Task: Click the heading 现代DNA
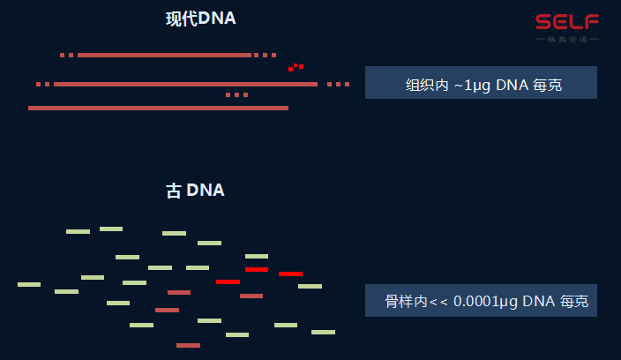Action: [x=201, y=19]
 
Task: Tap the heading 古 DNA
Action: [x=195, y=191]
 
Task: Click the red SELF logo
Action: [x=567, y=21]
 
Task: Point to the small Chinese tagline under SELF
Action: [x=567, y=39]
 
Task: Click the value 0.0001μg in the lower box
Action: [x=485, y=302]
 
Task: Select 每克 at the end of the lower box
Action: [x=573, y=302]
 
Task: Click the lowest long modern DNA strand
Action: [x=158, y=108]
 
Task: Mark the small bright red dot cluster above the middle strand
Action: [x=296, y=67]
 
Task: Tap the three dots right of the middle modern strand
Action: [x=338, y=84]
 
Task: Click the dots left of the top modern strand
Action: [x=67, y=55]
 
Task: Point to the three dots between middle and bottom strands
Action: [x=236, y=94]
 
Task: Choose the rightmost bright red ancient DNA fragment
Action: [x=290, y=274]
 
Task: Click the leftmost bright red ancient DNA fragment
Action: [x=228, y=281]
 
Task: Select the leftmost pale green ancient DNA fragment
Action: [x=29, y=284]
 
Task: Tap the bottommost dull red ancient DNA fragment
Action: [x=188, y=345]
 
